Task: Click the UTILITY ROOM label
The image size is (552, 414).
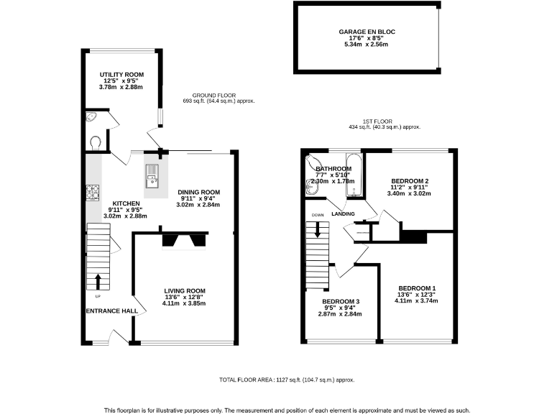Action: coord(121,73)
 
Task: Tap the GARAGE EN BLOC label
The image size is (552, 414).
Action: coord(367,32)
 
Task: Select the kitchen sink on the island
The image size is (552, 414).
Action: coord(153,172)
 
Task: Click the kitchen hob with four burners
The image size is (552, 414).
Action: coord(93,192)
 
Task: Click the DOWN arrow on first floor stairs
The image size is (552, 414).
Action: coord(317,231)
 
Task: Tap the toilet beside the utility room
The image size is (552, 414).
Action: coord(96,142)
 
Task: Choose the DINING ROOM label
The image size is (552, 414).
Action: coord(198,193)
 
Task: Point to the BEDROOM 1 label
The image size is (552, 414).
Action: coord(417,288)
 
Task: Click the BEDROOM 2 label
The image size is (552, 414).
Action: coord(410,181)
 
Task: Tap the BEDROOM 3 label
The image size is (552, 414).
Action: coord(341,301)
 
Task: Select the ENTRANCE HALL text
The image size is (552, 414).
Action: coord(111,311)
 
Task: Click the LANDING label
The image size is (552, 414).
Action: coord(343,213)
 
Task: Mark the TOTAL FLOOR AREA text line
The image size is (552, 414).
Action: coord(286,379)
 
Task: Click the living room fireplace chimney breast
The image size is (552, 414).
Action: coord(183,239)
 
